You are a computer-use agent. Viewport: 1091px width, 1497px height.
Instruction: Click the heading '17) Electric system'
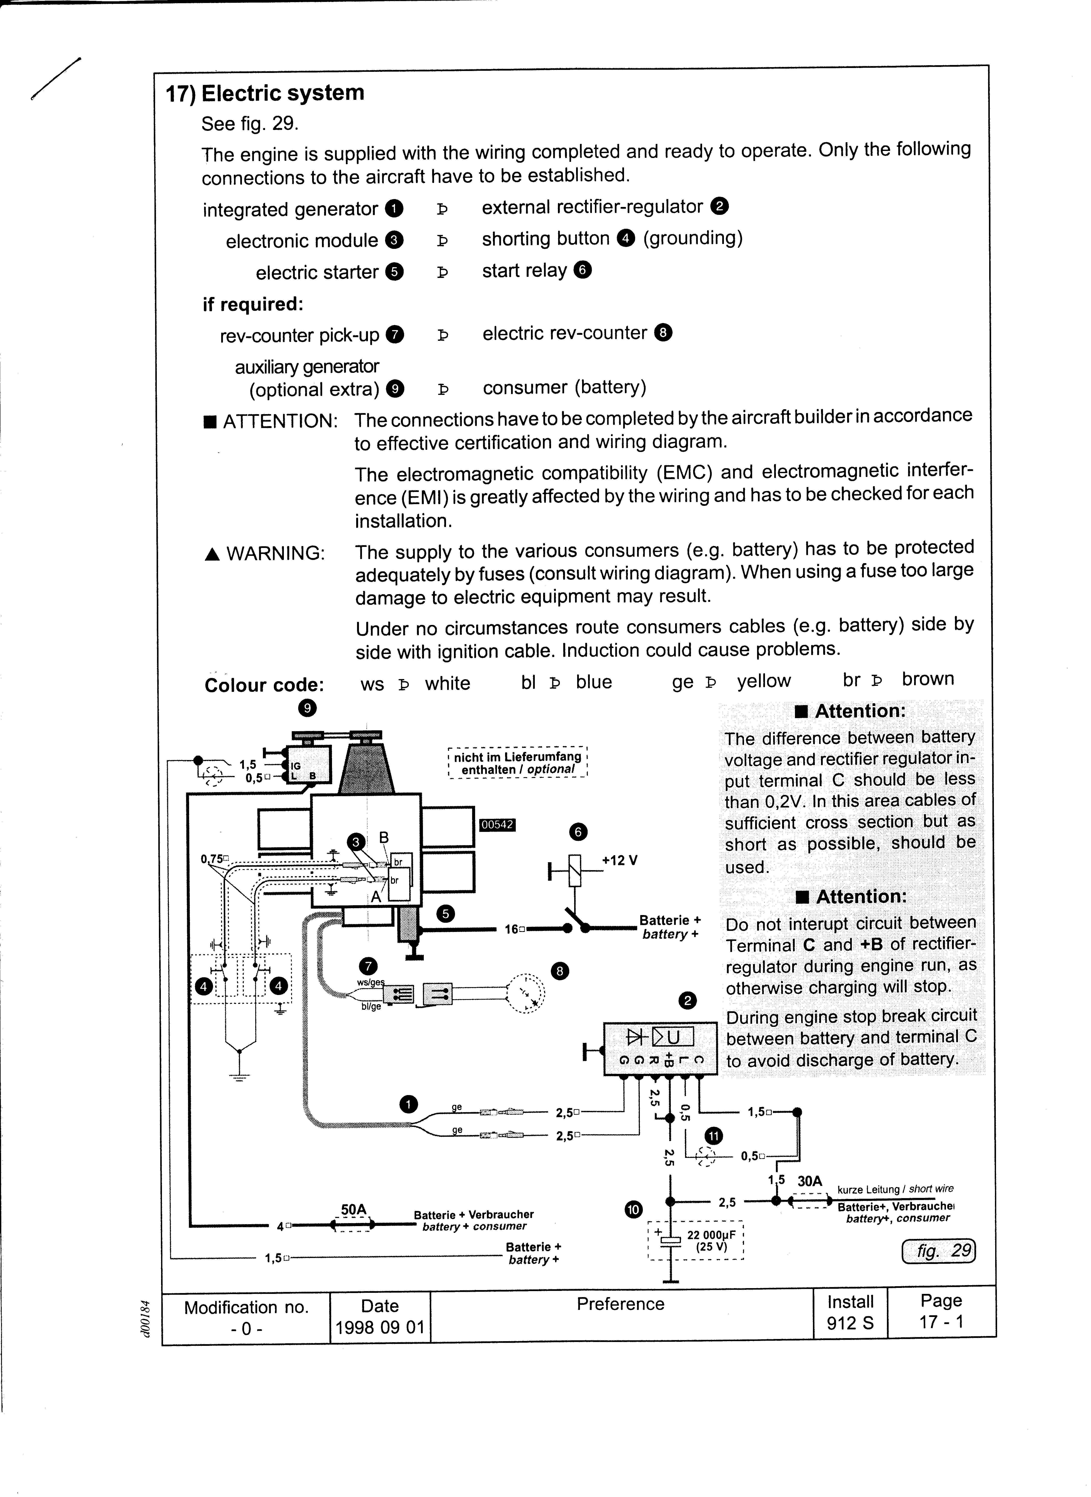[x=264, y=93]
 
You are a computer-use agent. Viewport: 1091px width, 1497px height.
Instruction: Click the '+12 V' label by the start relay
[x=620, y=861]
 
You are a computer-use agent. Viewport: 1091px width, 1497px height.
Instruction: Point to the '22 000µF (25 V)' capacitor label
[x=707, y=1241]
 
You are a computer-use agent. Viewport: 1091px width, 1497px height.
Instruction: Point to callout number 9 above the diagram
[x=307, y=708]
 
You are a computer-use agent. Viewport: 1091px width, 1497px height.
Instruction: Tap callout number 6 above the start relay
[x=578, y=832]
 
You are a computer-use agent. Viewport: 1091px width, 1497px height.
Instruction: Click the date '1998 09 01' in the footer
[x=380, y=1327]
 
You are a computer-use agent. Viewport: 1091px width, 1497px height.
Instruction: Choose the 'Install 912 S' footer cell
[x=850, y=1312]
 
